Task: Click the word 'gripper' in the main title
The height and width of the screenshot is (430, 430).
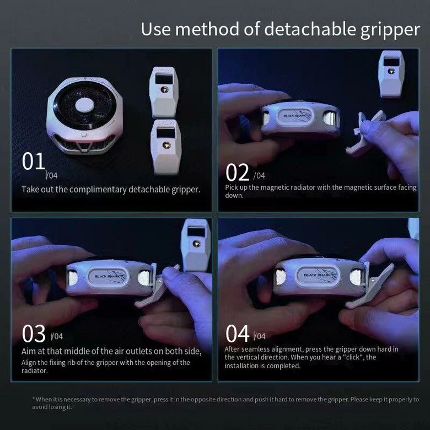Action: pos(390,30)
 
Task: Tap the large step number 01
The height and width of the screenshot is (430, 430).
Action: pos(34,161)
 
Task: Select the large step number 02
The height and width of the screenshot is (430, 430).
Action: pos(237,172)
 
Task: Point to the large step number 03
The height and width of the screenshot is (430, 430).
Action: pos(34,334)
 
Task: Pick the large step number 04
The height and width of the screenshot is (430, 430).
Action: pos(237,334)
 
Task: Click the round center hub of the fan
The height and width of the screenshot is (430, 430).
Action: pos(85,105)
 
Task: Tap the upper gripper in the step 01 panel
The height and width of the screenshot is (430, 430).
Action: pos(163,92)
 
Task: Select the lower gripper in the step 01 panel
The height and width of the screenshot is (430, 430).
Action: pos(165,147)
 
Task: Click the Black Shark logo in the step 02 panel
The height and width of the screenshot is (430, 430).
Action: pos(295,116)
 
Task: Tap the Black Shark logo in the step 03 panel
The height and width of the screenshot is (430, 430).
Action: pos(108,276)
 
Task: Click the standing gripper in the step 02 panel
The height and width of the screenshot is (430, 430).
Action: pos(391,73)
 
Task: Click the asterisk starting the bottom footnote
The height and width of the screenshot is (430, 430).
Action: pos(34,399)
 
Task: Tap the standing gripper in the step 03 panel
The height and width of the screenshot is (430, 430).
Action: pos(196,245)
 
